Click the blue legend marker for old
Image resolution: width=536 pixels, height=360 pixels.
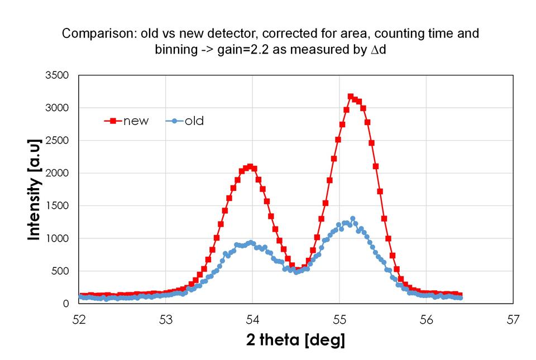[x=175, y=121]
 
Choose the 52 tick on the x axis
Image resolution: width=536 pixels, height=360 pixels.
[x=79, y=319]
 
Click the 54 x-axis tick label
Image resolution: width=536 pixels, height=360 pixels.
[x=252, y=319]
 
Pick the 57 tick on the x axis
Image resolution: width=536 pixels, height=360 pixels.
[x=513, y=319]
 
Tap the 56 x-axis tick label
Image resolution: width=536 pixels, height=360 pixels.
[x=426, y=319]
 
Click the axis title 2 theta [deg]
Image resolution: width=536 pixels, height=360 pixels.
[x=295, y=340]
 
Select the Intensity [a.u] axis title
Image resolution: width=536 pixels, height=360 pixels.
[x=35, y=190]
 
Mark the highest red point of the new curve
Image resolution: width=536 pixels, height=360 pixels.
[x=351, y=97]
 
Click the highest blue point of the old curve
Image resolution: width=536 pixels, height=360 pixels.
[x=352, y=219]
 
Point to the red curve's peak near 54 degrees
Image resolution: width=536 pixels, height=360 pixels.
[x=250, y=166]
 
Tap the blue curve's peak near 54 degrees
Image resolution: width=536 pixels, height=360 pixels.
[x=251, y=242]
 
